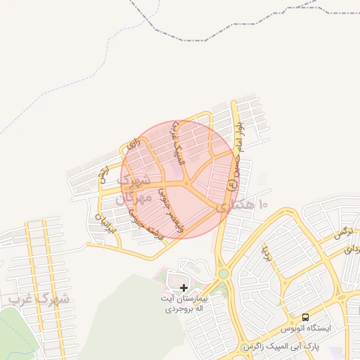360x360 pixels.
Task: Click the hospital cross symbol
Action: [x=184, y=288]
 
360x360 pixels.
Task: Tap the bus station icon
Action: [x=304, y=317]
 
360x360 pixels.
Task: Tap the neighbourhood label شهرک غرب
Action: [x=39, y=300]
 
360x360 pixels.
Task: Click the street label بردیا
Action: [x=266, y=248]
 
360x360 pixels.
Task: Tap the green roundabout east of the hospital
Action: [x=223, y=274]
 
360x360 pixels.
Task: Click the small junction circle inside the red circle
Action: [x=187, y=184]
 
